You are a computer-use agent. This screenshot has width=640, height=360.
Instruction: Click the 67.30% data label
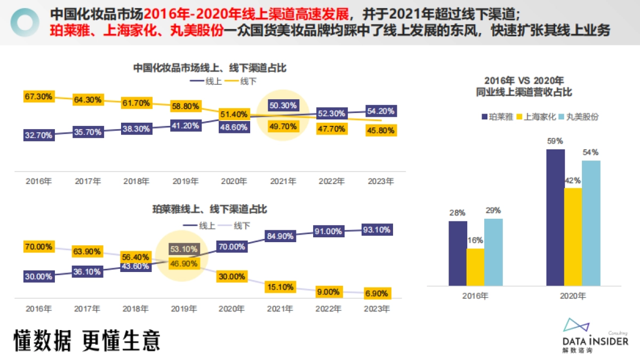(x=38, y=97)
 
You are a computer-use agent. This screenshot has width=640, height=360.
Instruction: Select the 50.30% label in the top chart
(x=283, y=106)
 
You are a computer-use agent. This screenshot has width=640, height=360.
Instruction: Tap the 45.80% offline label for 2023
(x=380, y=130)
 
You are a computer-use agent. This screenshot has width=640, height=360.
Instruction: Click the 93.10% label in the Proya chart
(x=377, y=230)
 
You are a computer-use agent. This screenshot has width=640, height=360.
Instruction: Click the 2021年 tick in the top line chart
(x=283, y=181)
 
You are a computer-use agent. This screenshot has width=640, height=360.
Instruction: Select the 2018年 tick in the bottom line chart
(x=136, y=309)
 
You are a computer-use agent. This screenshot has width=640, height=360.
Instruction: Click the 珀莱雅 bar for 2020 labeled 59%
(x=555, y=218)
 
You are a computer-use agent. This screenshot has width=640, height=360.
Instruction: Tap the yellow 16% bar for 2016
(x=475, y=267)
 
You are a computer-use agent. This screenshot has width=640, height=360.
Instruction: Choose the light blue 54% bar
(x=591, y=223)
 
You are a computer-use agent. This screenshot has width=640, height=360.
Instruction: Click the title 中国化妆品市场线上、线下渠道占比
(x=210, y=68)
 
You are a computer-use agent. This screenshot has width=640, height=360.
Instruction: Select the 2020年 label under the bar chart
(x=573, y=295)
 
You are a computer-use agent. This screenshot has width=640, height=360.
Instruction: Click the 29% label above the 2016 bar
(x=493, y=211)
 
